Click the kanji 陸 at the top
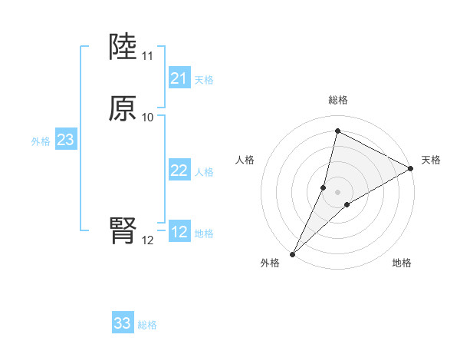pyautogui.click(x=123, y=48)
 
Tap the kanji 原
pyautogui.click(x=123, y=109)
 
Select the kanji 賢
pyautogui.click(x=123, y=230)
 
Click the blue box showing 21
pyautogui.click(x=179, y=78)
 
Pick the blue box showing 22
pyautogui.click(x=179, y=171)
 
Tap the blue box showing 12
pyautogui.click(x=179, y=232)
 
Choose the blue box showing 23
pyautogui.click(x=65, y=140)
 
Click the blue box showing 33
pyautogui.click(x=123, y=323)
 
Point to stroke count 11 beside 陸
pyautogui.click(x=147, y=56)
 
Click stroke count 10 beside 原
pyautogui.click(x=147, y=118)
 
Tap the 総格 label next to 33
pyautogui.click(x=147, y=325)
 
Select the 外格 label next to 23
pyautogui.click(x=40, y=141)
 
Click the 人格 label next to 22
pyautogui.click(x=204, y=172)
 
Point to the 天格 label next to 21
pyautogui.click(x=204, y=80)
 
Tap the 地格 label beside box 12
pyautogui.click(x=204, y=233)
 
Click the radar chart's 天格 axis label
pyautogui.click(x=431, y=160)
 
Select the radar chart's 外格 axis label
pyautogui.click(x=270, y=263)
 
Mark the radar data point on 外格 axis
pyautogui.click(x=292, y=253)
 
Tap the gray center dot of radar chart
pyautogui.click(x=337, y=192)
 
